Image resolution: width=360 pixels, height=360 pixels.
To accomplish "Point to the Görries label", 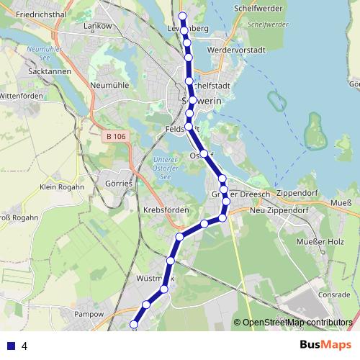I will (x=118, y=184).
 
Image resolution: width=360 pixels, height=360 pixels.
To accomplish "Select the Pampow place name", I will (x=89, y=315).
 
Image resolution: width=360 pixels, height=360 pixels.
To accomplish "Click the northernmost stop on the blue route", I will (x=182, y=16).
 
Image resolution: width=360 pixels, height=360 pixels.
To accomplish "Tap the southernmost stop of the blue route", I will (x=133, y=325).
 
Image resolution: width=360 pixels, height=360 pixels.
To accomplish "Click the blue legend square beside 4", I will (x=11, y=346).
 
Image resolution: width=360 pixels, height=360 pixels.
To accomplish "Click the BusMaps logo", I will (x=325, y=345).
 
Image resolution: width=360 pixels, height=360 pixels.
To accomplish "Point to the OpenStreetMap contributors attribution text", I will (x=297, y=322).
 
